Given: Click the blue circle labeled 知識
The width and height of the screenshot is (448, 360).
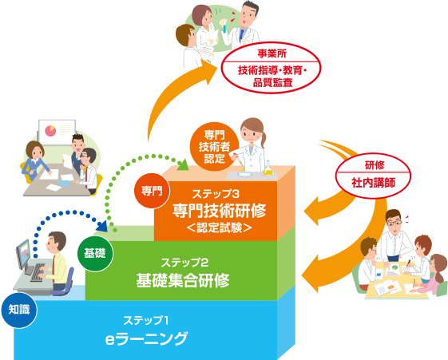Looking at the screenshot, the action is pyautogui.click(x=19, y=310).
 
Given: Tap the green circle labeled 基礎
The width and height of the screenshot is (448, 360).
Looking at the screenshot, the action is pyautogui.click(x=95, y=254).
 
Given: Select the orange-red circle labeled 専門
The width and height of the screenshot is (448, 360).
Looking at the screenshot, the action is pyautogui.click(x=152, y=191).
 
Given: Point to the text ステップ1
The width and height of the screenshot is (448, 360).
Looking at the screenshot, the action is pyautogui.click(x=145, y=320).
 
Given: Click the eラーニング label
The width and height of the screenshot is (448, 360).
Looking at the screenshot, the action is pyautogui.click(x=146, y=338).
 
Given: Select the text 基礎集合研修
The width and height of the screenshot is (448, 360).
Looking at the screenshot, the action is pyautogui.click(x=183, y=280).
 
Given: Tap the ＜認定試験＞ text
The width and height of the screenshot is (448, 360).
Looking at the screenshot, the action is pyautogui.click(x=219, y=227).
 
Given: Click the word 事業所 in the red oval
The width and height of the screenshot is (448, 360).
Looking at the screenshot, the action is pyautogui.click(x=272, y=53).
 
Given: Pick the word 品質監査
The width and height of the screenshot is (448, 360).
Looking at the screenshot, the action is pyautogui.click(x=272, y=83).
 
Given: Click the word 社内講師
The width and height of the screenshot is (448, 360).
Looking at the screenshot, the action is pyautogui.click(x=373, y=183).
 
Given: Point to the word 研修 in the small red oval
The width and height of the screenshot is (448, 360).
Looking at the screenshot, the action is pyautogui.click(x=375, y=165).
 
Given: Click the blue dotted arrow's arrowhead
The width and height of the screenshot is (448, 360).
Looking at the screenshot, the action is pyautogui.click(x=102, y=226).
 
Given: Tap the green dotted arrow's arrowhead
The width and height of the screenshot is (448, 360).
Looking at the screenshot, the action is pyautogui.click(x=182, y=164).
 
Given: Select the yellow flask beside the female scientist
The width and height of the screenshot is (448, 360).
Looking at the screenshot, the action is pyautogui.click(x=268, y=168).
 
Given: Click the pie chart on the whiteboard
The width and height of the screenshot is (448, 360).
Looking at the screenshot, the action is pyautogui.click(x=50, y=131).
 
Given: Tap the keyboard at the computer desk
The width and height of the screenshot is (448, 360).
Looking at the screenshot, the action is pyautogui.click(x=38, y=272).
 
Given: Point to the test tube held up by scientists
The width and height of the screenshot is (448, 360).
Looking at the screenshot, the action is pyautogui.click(x=224, y=26).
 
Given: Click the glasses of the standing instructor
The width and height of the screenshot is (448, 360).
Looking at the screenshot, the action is pyautogui.click(x=394, y=223).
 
